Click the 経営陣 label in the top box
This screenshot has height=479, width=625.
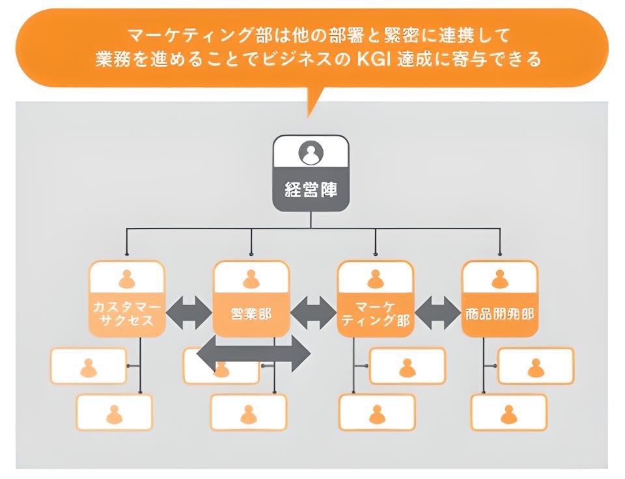(x=311, y=189)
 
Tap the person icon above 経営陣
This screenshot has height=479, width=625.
(x=311, y=154)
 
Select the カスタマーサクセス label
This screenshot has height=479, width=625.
(x=126, y=314)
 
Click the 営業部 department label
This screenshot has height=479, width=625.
(x=251, y=314)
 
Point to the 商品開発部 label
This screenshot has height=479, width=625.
(x=500, y=314)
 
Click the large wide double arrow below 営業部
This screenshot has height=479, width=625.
(x=253, y=354)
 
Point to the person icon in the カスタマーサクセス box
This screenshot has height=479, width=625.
(x=127, y=279)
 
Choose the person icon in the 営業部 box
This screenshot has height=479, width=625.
(x=251, y=279)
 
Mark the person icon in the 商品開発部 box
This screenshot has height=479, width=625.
(x=500, y=279)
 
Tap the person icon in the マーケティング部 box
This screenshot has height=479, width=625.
(x=375, y=279)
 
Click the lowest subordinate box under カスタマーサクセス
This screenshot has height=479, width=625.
(x=115, y=413)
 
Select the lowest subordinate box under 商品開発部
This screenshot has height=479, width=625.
(x=509, y=413)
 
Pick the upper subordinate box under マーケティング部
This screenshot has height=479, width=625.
(x=408, y=366)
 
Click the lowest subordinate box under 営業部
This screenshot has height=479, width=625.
(x=248, y=413)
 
